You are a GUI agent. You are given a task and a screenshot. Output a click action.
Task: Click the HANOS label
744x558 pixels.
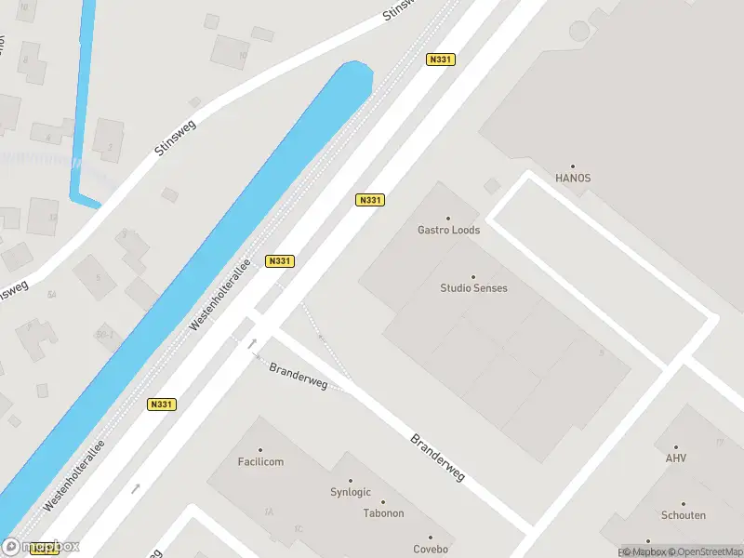(x=573, y=178)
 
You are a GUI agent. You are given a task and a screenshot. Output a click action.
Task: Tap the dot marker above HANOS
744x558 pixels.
(x=573, y=166)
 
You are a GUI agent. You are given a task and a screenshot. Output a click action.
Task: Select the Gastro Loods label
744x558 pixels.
(x=449, y=230)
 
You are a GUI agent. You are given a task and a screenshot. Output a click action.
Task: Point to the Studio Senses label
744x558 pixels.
(x=473, y=288)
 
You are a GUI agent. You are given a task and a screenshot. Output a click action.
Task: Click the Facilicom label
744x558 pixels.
(x=260, y=461)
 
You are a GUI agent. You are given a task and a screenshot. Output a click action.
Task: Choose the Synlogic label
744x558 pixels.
(x=351, y=492)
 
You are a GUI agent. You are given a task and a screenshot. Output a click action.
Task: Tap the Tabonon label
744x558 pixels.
(x=383, y=513)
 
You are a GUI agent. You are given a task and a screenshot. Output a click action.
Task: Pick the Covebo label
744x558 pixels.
(x=431, y=549)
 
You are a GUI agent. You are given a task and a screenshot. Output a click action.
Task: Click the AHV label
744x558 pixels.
(x=676, y=458)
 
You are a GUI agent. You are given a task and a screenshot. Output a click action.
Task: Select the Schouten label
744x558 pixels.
(x=684, y=515)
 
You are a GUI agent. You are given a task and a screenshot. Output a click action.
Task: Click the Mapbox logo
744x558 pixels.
(x=41, y=547)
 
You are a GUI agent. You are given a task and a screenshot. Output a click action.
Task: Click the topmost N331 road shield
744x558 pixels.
(x=440, y=60)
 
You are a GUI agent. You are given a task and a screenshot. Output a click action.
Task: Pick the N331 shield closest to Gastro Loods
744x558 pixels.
(x=370, y=200)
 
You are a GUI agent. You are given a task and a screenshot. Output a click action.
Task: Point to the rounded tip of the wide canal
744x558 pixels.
(x=357, y=69)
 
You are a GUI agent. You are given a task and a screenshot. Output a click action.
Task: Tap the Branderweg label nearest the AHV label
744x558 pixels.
(x=437, y=456)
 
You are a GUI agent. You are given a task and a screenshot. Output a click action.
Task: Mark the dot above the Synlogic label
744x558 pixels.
(x=350, y=481)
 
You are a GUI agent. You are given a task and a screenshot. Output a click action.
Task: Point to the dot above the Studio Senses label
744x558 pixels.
(x=473, y=276)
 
